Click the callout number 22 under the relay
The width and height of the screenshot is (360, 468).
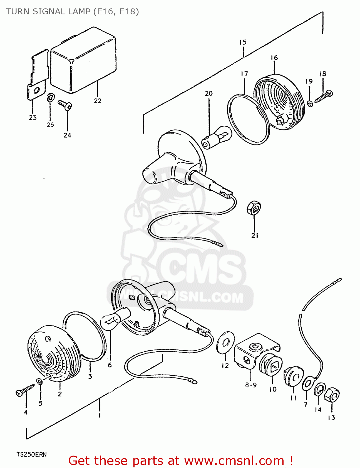tap(98, 101)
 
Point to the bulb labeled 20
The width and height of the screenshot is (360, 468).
tap(218, 137)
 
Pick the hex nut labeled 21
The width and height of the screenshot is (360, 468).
tap(254, 207)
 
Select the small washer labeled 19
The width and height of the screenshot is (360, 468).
tap(310, 103)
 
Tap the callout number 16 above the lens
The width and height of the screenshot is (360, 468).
tap(274, 58)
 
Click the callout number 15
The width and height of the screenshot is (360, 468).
tap(243, 42)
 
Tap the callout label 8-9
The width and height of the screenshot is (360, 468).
tap(251, 385)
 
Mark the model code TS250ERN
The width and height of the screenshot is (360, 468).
tap(31, 455)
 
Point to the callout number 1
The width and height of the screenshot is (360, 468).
tap(99, 415)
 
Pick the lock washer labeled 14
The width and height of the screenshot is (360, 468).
tap(319, 389)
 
